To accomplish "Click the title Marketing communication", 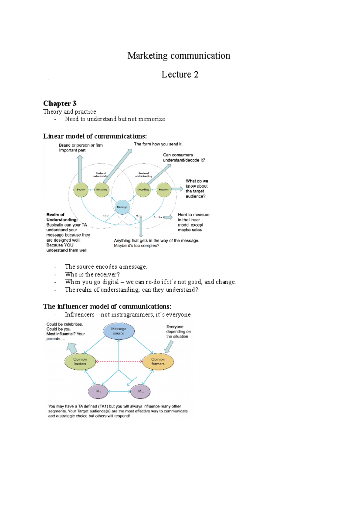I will tap(179, 56).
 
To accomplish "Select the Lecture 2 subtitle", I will tap(180, 74).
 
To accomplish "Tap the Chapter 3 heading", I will tap(60, 103).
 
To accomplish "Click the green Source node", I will tap(81, 190).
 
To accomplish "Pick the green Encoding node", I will tap(102, 190).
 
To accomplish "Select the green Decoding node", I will tap(143, 190).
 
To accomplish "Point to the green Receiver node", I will tap(164, 190).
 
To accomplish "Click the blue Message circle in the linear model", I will tap(122, 207).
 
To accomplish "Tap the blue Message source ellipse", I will tap(119, 331).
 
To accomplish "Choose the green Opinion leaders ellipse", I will tap(80, 362).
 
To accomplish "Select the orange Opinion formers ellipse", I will tap(158, 362).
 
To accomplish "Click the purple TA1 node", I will tap(98, 391).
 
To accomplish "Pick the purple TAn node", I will tap(140, 391).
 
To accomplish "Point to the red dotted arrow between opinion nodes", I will tap(119, 362).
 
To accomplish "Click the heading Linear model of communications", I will tap(95, 136).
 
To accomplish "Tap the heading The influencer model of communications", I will tap(107, 306).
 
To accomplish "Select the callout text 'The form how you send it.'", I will tap(158, 144).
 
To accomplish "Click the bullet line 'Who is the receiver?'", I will tap(92, 274).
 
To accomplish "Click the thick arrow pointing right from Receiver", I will tap(177, 189).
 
